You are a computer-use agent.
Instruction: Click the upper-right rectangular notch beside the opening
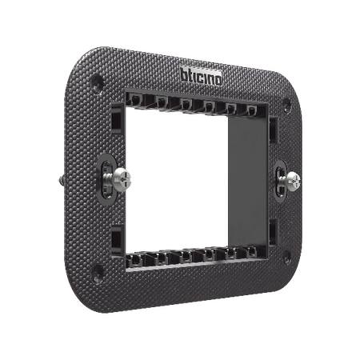[x=272, y=128]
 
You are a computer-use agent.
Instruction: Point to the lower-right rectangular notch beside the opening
[x=272, y=234]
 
